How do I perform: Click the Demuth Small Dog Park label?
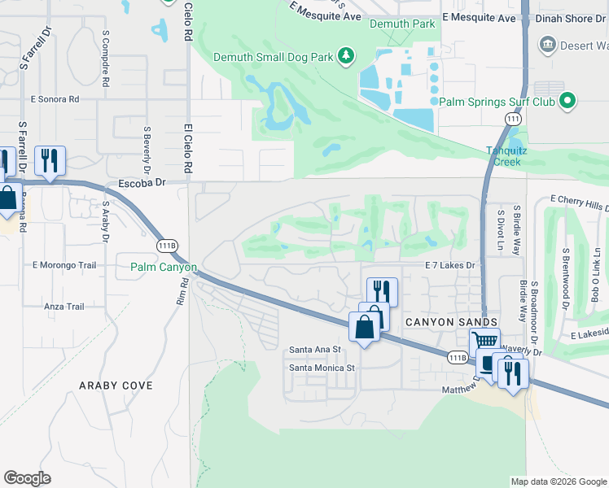coord(274,57)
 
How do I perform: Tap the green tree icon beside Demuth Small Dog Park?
coord(347,55)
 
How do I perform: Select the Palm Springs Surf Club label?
coord(497,102)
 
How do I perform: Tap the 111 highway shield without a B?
coord(511,119)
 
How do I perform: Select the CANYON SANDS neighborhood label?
coord(451,322)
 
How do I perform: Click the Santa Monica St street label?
coord(323,368)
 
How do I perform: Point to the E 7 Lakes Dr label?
coord(449,265)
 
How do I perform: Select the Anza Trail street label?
coord(64,307)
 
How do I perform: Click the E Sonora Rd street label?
coord(55,99)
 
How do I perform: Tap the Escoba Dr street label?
coord(142,183)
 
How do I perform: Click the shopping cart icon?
coord(484,342)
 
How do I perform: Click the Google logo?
coord(27,478)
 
